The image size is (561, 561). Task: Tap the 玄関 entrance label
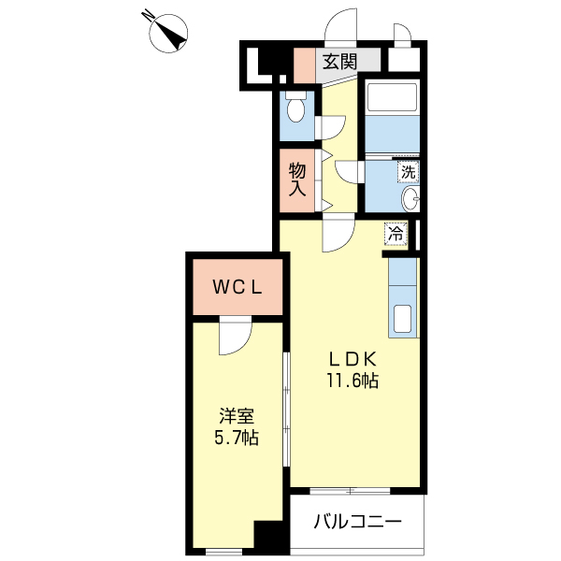(338, 63)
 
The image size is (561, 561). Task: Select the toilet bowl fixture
(296, 110)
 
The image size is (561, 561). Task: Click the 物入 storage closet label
(297, 179)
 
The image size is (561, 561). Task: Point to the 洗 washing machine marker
(408, 172)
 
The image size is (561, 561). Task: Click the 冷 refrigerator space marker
(396, 233)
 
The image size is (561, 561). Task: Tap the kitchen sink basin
(403, 319)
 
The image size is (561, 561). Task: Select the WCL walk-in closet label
(236, 288)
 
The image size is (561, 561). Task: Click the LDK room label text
(351, 358)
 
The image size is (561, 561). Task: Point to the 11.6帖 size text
(352, 381)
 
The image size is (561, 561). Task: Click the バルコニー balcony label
(357, 521)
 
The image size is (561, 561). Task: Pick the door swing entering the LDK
(337, 237)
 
